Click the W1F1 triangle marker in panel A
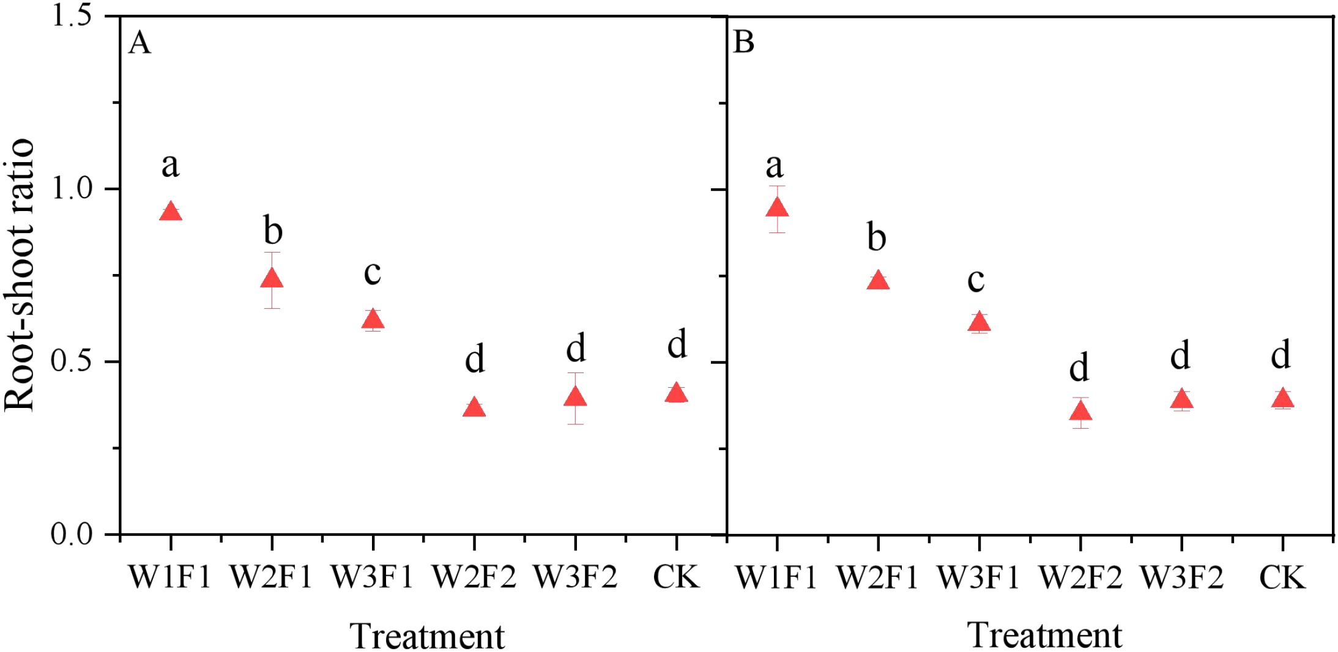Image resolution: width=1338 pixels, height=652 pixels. click(x=170, y=212)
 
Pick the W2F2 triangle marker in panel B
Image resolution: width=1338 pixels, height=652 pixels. click(x=1080, y=412)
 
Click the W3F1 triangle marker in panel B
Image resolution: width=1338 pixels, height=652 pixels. click(x=979, y=322)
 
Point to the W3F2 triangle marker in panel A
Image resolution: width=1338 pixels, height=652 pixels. click(x=575, y=398)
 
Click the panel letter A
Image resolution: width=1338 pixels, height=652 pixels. click(x=139, y=43)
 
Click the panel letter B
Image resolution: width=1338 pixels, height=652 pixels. click(x=743, y=42)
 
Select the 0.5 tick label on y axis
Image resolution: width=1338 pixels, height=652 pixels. click(x=72, y=361)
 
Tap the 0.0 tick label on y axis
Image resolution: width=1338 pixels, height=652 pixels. click(x=72, y=534)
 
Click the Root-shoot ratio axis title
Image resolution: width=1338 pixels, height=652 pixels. click(x=20, y=275)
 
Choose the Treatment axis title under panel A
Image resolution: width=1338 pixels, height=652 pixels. click(x=427, y=636)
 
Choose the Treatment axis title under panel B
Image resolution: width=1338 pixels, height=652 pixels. click(x=1044, y=635)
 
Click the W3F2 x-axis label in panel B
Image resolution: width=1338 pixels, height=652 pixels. click(x=1181, y=577)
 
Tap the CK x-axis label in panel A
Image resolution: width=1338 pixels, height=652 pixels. click(x=676, y=577)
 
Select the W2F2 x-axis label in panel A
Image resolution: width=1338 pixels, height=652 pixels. click(x=474, y=577)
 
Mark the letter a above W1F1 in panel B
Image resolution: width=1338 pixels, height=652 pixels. click(x=775, y=166)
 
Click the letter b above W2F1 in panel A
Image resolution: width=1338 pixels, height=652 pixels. click(x=273, y=231)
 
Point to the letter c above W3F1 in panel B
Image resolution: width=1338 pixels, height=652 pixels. click(x=976, y=280)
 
